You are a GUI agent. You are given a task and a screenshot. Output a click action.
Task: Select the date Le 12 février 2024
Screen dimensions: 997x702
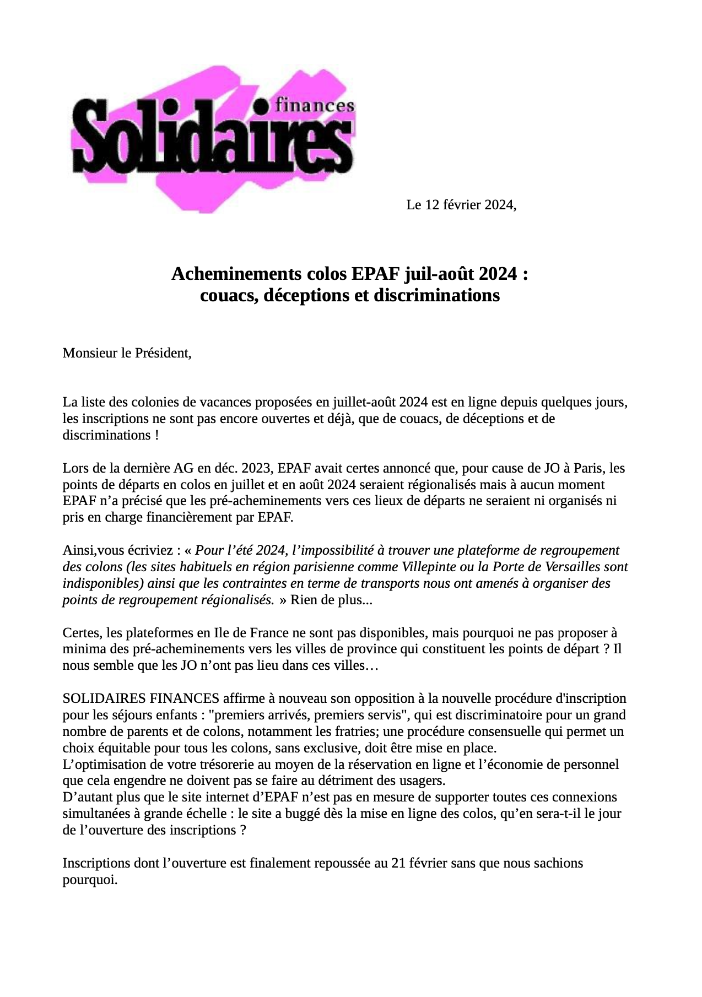pos(461,205)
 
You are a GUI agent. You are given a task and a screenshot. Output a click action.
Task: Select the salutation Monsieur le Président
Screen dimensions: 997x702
pos(127,353)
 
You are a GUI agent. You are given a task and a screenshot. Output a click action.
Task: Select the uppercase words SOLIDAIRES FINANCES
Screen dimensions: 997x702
pos(141,699)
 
